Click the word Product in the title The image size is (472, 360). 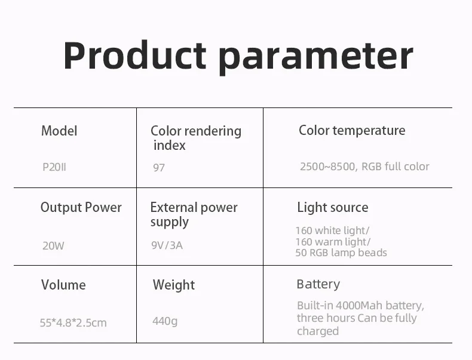pyautogui.click(x=134, y=56)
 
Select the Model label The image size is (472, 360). pyautogui.click(x=59, y=131)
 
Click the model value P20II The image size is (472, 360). pyautogui.click(x=54, y=167)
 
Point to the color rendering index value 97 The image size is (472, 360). pyautogui.click(x=159, y=168)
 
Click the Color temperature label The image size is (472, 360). pyautogui.click(x=352, y=131)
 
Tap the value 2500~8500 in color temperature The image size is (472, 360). pyautogui.click(x=327, y=167)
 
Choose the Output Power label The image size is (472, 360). pyautogui.click(x=81, y=207)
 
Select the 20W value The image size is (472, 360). pyautogui.click(x=53, y=246)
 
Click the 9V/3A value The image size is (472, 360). pyautogui.click(x=167, y=245)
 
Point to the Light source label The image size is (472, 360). pyautogui.click(x=333, y=207)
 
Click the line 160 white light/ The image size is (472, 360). pyautogui.click(x=332, y=230)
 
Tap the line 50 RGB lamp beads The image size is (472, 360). pyautogui.click(x=341, y=253)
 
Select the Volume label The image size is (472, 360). pyautogui.click(x=63, y=285)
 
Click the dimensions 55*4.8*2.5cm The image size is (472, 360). pyautogui.click(x=73, y=323)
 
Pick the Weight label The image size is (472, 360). pyautogui.click(x=174, y=285)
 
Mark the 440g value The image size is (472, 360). pyautogui.click(x=165, y=321)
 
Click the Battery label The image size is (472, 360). pyautogui.click(x=318, y=284)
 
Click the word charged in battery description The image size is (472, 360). pyautogui.click(x=318, y=331)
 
